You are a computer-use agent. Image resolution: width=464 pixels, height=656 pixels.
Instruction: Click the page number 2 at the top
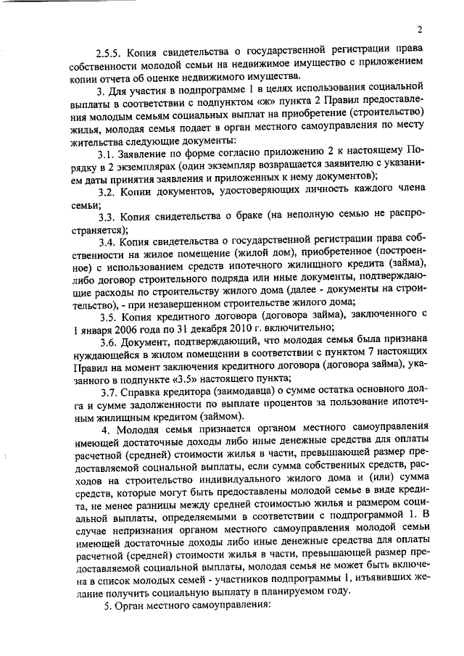(420, 30)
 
